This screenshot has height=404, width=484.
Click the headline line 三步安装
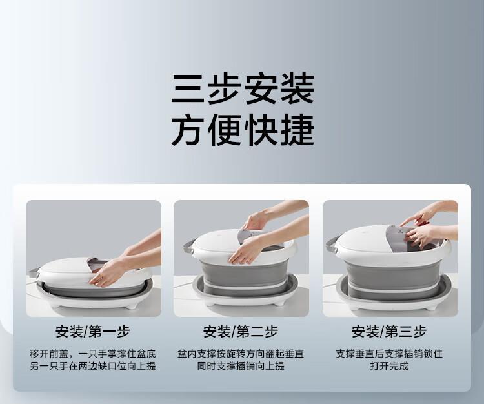tap(243, 88)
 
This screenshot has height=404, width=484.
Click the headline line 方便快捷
tap(243, 130)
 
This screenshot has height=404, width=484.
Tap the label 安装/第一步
tap(93, 332)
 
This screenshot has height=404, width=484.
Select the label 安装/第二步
tap(241, 332)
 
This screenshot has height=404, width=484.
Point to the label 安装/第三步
tap(389, 332)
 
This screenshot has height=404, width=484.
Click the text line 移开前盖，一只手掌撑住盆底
tap(93, 354)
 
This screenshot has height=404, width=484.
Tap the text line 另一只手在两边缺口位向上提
tap(93, 366)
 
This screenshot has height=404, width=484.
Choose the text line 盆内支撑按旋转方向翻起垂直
tap(241, 354)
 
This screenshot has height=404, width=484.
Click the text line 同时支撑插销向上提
tap(241, 366)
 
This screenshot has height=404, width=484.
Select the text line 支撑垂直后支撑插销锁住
tap(389, 354)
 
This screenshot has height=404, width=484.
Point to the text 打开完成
tap(389, 366)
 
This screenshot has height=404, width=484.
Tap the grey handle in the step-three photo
tap(332, 244)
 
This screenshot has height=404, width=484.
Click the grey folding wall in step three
tap(392, 276)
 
